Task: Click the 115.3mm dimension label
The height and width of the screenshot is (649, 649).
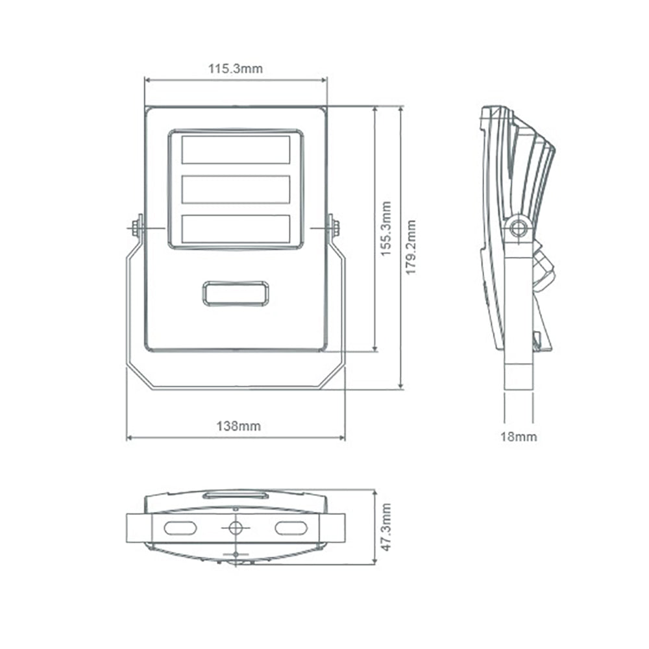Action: click(235, 68)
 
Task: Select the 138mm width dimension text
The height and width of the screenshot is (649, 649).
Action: click(239, 426)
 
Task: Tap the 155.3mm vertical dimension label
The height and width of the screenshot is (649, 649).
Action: click(386, 228)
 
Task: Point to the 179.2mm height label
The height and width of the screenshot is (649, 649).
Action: click(411, 247)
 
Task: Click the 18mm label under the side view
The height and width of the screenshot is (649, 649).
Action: click(519, 437)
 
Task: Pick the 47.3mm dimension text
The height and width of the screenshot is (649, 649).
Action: click(386, 527)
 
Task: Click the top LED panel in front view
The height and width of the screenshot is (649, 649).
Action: click(236, 150)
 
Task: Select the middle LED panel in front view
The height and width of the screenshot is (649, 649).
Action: click(236, 189)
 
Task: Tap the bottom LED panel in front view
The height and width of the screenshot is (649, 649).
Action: click(236, 228)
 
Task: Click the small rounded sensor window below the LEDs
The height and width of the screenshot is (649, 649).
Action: click(236, 293)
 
